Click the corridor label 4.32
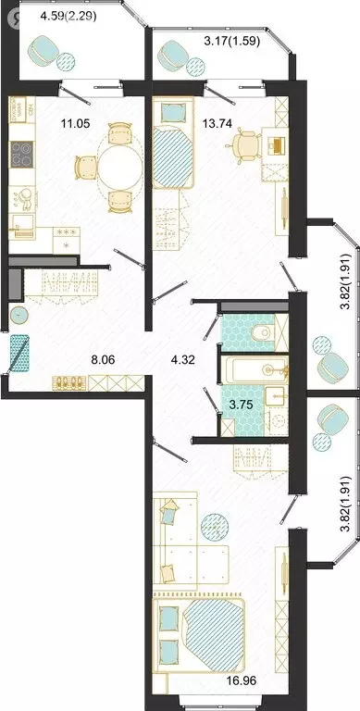[183, 360]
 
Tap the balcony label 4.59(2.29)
[68, 18]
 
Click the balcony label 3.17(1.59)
[231, 42]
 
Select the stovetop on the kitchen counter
[22, 154]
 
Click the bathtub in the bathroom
[254, 370]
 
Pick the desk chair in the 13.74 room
[245, 144]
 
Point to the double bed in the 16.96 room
[199, 635]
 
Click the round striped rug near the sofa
[215, 527]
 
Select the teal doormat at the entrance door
[19, 354]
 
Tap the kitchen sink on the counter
[22, 225]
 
